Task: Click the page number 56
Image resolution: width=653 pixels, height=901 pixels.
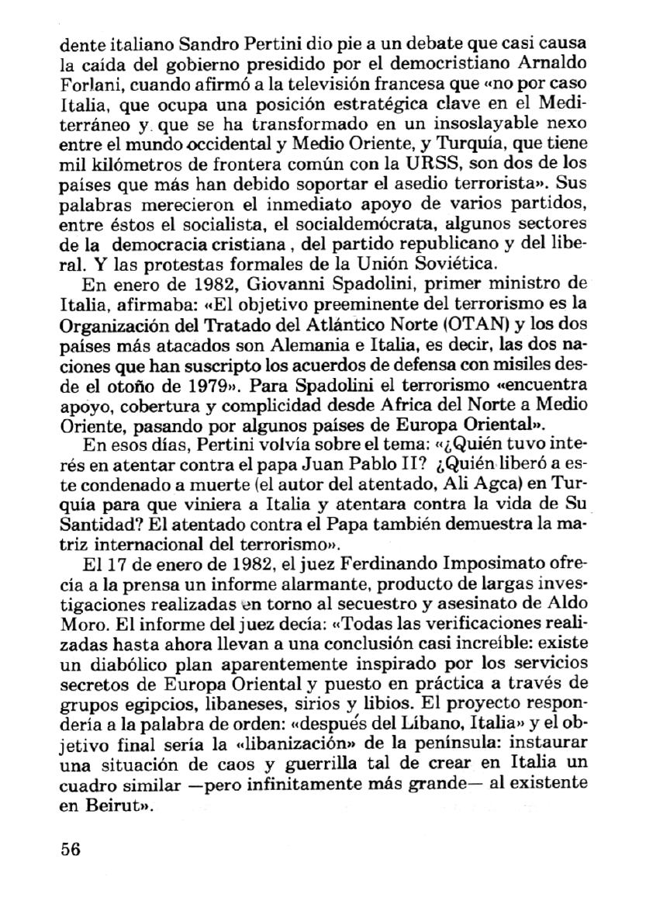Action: [71, 847]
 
